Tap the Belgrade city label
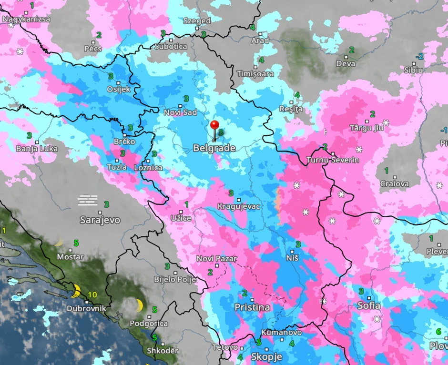click(214, 148)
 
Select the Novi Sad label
click(180, 112)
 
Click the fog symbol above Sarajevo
click(88, 200)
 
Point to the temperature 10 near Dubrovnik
click(92, 295)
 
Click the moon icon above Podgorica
click(140, 305)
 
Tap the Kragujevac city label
click(238, 206)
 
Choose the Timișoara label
click(255, 74)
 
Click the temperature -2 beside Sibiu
click(419, 57)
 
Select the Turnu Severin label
click(333, 160)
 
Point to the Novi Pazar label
click(216, 259)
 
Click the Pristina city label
click(252, 307)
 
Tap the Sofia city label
click(369, 305)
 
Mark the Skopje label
click(266, 356)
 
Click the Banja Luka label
click(37, 149)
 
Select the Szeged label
click(197, 21)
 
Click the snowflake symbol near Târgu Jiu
click(386, 123)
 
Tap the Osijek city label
click(118, 90)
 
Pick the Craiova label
click(394, 184)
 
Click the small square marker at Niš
click(292, 251)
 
